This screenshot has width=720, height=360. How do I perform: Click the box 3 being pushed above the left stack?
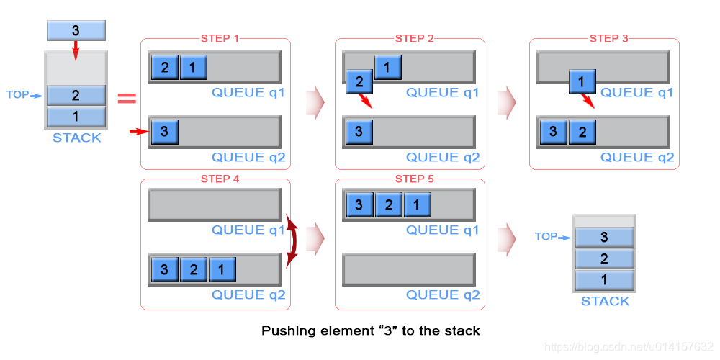[76, 30]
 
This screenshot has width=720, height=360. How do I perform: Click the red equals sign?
[127, 98]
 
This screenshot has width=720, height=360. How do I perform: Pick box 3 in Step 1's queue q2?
[164, 132]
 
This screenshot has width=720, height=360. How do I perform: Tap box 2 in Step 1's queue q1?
[164, 67]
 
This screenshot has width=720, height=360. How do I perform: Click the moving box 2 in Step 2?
[359, 83]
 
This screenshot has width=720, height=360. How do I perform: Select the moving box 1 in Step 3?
[582, 83]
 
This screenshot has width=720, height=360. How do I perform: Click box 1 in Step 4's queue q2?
[222, 269]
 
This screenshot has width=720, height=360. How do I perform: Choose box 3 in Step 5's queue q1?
[359, 204]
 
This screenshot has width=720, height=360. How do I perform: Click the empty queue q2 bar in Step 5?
[409, 269]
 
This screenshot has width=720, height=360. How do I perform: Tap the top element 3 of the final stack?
[604, 238]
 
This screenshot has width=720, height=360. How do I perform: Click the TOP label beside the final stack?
[546, 237]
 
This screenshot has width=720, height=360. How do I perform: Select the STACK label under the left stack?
[77, 138]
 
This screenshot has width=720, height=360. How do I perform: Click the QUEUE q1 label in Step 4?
[248, 230]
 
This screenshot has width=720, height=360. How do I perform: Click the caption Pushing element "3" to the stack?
[371, 330]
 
